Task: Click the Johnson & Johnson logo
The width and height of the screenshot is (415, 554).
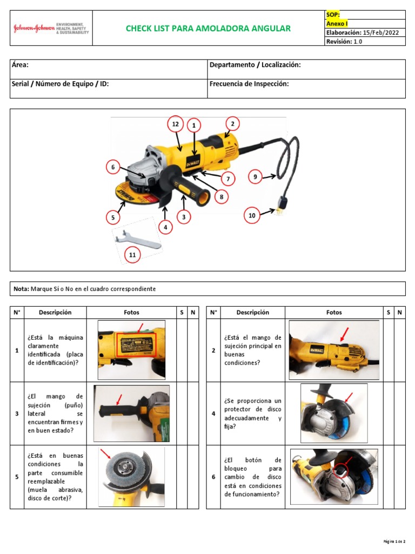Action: (x=34, y=29)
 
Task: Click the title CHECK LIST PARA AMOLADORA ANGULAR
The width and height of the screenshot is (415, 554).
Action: (x=208, y=29)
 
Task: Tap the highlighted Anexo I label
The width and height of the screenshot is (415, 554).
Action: (x=337, y=24)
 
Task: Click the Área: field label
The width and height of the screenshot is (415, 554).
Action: (x=20, y=65)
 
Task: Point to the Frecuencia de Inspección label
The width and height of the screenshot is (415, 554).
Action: (x=249, y=84)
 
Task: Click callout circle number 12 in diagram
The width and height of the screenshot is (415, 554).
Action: (x=175, y=124)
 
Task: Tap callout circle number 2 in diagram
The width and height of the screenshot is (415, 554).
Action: (x=232, y=123)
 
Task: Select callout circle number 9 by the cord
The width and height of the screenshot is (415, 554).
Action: (x=255, y=176)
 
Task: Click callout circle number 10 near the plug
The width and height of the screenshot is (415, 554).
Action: (x=252, y=215)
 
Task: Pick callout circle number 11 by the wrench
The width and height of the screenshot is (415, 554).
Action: (x=132, y=254)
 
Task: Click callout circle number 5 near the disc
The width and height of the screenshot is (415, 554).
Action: (x=113, y=218)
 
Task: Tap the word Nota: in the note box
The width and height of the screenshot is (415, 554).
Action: (x=22, y=289)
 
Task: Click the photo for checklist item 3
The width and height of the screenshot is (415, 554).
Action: (x=131, y=413)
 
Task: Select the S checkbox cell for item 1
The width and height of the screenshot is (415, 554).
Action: (x=182, y=350)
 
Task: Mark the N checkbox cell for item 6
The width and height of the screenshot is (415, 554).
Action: (x=399, y=477)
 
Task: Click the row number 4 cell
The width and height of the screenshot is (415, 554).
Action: (x=213, y=413)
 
